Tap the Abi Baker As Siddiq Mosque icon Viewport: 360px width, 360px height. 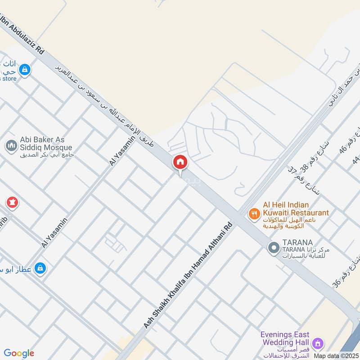[x=11, y=146]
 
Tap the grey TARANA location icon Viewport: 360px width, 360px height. [x=273, y=247]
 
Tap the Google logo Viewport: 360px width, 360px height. [x=19, y=353]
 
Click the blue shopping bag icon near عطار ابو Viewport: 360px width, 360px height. [x=40, y=268]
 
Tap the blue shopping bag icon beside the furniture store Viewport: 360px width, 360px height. [x=25, y=70]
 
